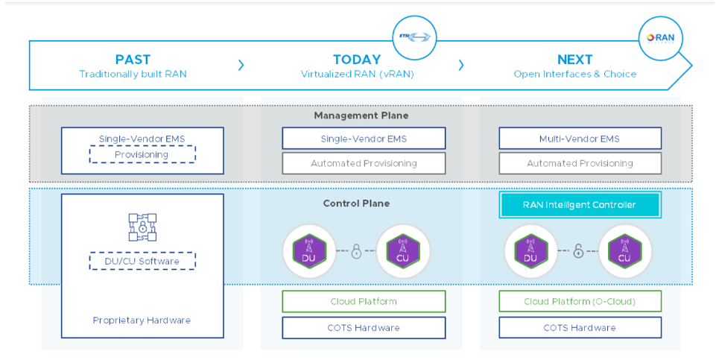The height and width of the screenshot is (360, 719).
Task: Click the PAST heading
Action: tap(133, 60)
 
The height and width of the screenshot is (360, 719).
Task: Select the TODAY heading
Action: tap(356, 60)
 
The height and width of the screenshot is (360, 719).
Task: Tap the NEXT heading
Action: tap(574, 60)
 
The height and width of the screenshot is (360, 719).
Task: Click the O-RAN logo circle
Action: tap(660, 37)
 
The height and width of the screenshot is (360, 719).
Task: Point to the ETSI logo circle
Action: tap(414, 37)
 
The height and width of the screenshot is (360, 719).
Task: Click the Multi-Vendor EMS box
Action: tap(580, 139)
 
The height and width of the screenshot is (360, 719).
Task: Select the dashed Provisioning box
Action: tap(142, 154)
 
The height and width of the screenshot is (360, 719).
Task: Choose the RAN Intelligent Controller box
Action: tap(580, 205)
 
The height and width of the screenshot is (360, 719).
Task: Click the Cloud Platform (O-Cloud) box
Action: tap(580, 302)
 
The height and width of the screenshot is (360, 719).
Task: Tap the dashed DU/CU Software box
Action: tap(142, 262)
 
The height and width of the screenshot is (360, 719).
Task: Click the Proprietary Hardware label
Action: tap(142, 320)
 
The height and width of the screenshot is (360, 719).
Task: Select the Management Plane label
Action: tap(361, 116)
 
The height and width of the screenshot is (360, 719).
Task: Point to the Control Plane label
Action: tap(355, 203)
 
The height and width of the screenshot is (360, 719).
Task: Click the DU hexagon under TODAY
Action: tap(308, 251)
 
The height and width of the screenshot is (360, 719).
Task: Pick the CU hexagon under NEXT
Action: tap(626, 251)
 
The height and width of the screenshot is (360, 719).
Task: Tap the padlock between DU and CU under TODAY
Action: tap(355, 252)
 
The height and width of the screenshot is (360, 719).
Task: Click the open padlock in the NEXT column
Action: tap(578, 252)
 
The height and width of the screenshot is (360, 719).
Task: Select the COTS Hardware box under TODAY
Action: tap(364, 328)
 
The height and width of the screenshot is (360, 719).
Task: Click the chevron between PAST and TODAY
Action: tap(241, 66)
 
